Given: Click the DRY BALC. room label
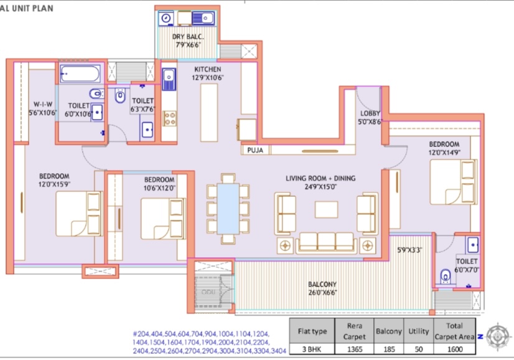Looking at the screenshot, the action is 187,37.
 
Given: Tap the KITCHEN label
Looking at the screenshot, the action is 207,69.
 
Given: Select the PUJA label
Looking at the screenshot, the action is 255,150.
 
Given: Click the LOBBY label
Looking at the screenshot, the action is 370,113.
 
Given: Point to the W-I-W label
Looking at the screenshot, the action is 43,105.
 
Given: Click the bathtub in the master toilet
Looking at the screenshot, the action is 80,73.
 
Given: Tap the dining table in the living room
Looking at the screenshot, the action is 228,209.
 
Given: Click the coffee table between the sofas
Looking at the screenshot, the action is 326,210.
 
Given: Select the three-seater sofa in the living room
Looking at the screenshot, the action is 326,243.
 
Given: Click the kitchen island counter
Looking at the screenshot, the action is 209,113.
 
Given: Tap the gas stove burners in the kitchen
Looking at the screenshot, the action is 170,118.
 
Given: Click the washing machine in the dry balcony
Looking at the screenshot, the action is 166,19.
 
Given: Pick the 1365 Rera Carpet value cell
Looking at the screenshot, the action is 354,349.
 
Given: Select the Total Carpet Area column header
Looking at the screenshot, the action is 454,331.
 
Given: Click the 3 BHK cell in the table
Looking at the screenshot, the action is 312,349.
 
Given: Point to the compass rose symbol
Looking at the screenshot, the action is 498,337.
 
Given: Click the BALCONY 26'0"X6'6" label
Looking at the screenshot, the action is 322,288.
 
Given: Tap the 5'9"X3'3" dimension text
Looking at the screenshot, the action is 409,250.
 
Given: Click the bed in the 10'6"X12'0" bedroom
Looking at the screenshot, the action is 163,219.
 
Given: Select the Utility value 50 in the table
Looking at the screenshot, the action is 419,349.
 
